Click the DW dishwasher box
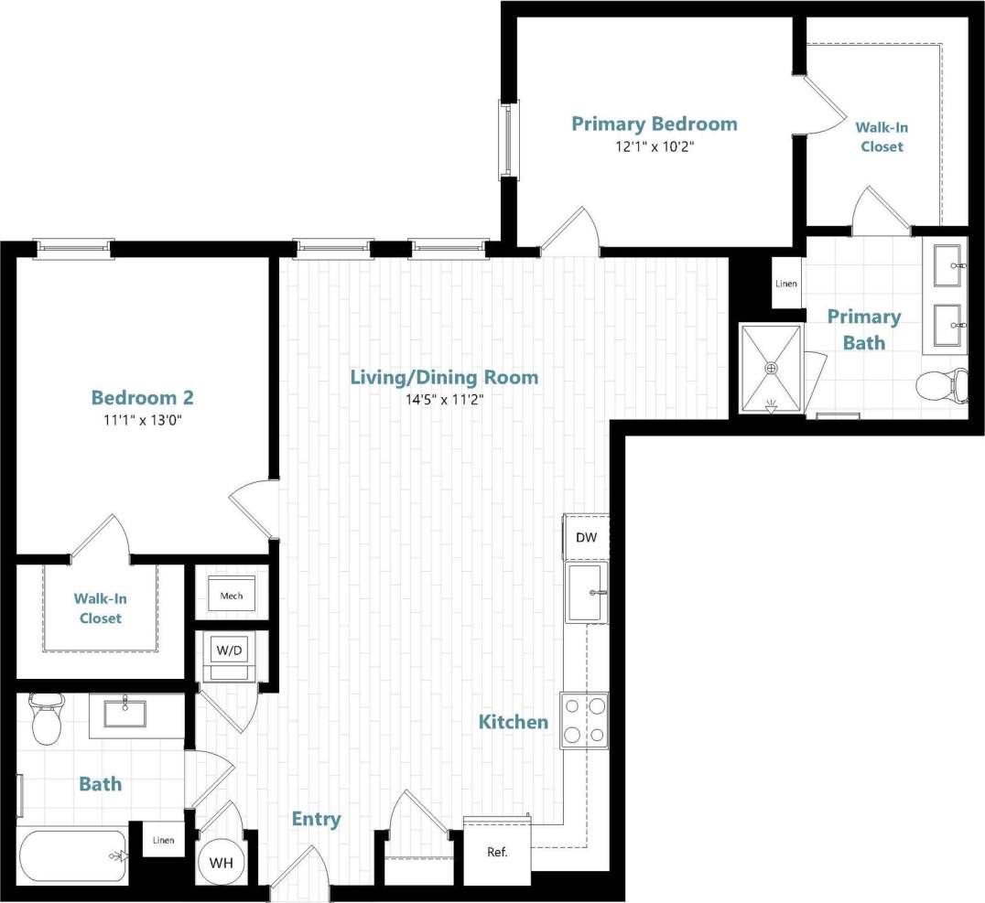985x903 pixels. (x=586, y=537)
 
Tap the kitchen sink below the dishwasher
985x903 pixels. (x=586, y=593)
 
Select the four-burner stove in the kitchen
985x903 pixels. (x=584, y=720)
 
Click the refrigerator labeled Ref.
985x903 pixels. (x=497, y=852)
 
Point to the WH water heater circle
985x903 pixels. (x=221, y=863)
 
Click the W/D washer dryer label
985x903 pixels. (x=229, y=650)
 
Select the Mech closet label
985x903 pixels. (x=232, y=597)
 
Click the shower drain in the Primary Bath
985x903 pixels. (x=772, y=368)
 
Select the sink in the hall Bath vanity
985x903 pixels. (x=124, y=713)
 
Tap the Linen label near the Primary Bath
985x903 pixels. (x=786, y=284)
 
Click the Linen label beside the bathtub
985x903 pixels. (x=163, y=840)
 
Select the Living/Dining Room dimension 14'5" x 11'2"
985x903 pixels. (x=445, y=399)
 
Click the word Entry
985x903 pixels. (x=316, y=819)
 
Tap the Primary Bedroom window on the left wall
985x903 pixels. (x=506, y=139)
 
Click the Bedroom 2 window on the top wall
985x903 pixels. (x=74, y=248)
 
